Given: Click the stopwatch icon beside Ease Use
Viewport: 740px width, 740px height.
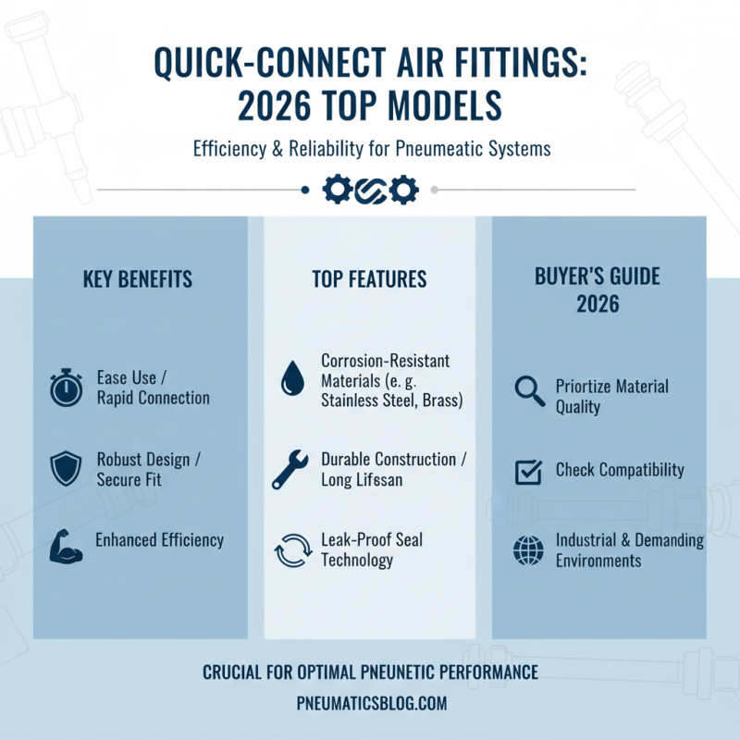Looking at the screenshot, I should click(66, 388).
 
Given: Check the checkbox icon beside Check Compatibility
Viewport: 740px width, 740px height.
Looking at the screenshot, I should click(527, 471).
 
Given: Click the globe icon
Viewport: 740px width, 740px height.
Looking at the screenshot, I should click(527, 551).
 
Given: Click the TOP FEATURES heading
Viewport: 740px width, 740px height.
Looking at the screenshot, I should click(369, 279).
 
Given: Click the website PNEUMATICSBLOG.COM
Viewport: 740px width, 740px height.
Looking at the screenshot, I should click(370, 704).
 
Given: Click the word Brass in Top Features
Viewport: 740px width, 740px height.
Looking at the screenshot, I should click(442, 400).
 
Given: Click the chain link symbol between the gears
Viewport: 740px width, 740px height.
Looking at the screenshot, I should click(370, 190).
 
